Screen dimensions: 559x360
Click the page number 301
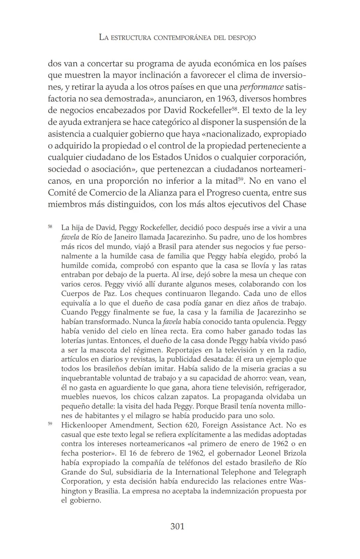(177, 526)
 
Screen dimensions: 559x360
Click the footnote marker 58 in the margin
(50, 227)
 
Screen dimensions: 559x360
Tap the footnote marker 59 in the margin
(50, 424)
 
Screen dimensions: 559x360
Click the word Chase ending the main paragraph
(294, 204)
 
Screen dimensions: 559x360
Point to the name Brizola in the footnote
(294, 453)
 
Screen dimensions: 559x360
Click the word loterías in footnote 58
(72, 341)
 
